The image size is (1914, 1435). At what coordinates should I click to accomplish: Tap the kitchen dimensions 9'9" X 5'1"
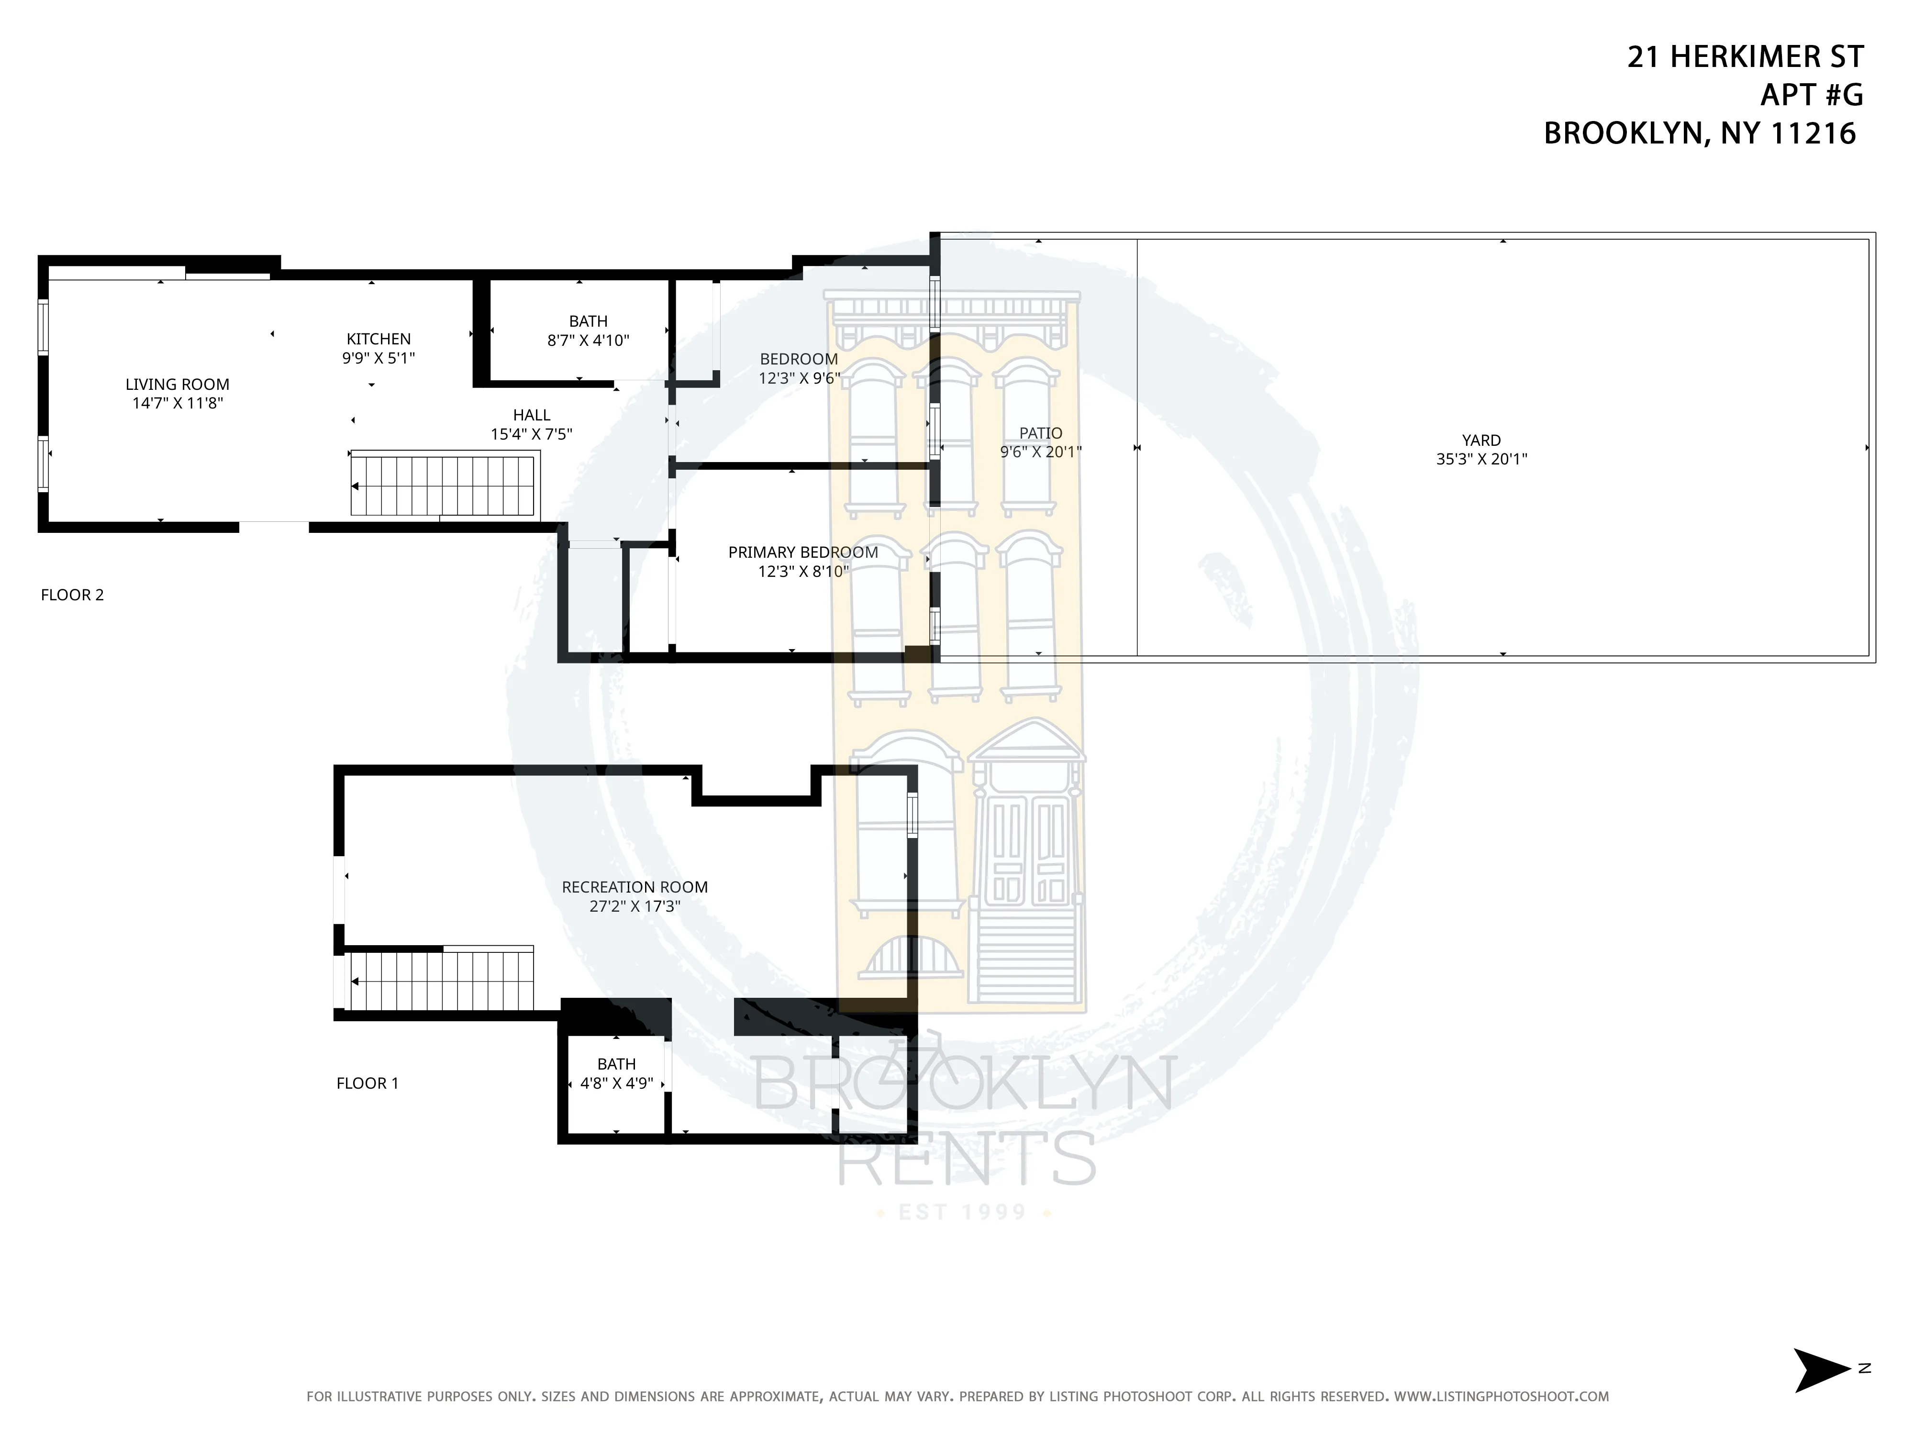[x=378, y=358]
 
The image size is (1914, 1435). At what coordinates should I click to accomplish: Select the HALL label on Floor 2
[x=531, y=415]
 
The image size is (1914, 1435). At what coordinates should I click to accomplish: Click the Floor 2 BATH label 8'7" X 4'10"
[x=589, y=331]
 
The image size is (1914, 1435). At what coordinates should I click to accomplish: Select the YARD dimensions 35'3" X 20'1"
[x=1481, y=459]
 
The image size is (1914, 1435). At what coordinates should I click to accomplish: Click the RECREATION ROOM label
[x=634, y=887]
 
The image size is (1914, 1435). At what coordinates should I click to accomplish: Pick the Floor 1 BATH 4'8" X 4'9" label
[x=616, y=1073]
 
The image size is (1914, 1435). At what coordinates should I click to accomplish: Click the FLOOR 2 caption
[x=72, y=595]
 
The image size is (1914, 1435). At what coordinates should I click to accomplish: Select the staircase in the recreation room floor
[x=441, y=981]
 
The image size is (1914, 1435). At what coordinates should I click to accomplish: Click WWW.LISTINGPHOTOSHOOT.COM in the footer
[x=1501, y=1396]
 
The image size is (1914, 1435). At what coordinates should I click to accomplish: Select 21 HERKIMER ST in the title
[x=1745, y=56]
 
